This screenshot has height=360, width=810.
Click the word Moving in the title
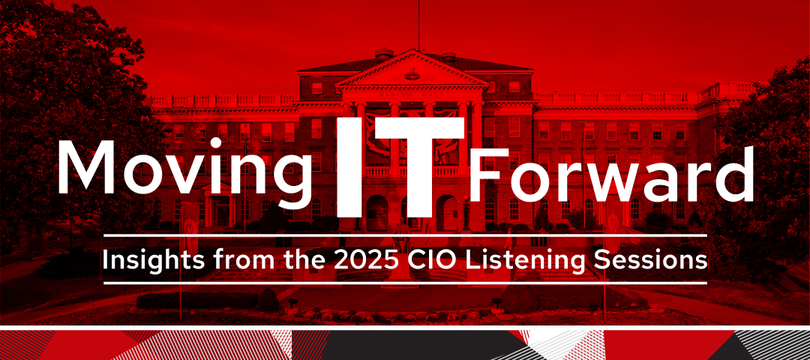(x=184, y=169)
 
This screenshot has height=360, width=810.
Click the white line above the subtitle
(x=405, y=235)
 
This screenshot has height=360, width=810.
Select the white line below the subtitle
(x=405, y=283)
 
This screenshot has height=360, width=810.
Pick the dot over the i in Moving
(x=222, y=143)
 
